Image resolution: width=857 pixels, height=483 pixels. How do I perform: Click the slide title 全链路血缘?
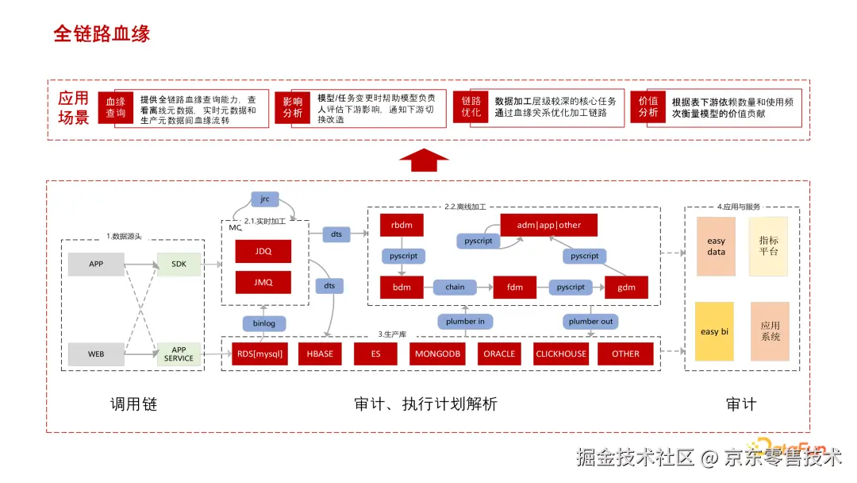(x=102, y=33)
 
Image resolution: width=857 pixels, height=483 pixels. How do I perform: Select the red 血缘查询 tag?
(x=116, y=108)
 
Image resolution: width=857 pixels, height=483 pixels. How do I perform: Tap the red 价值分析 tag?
(x=648, y=108)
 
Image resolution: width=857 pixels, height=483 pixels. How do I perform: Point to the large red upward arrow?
(x=424, y=160)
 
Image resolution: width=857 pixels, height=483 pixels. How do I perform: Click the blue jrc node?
(x=265, y=199)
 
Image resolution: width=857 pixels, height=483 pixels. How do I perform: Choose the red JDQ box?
(x=263, y=251)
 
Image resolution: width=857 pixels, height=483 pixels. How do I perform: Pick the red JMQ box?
(x=263, y=282)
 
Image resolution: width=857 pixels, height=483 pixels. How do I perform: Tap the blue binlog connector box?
(x=263, y=323)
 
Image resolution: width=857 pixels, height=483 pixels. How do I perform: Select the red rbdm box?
(x=402, y=225)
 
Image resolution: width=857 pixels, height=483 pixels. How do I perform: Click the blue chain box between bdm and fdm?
(x=455, y=287)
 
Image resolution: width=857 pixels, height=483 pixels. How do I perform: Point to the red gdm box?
(x=627, y=287)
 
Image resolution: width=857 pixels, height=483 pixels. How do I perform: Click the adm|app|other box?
(x=548, y=225)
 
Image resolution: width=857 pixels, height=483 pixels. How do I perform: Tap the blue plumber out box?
(x=591, y=322)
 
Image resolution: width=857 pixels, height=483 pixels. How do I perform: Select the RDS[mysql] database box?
(x=259, y=354)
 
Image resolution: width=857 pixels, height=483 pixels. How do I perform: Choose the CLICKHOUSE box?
(x=561, y=354)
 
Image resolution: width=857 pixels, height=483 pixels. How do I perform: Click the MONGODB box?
(x=437, y=354)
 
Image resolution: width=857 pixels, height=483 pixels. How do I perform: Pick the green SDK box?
(x=179, y=264)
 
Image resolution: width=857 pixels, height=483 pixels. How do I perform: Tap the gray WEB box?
(x=96, y=354)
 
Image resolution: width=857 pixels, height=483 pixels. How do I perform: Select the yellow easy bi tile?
(x=714, y=331)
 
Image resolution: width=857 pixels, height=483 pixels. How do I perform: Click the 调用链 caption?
(x=133, y=404)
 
